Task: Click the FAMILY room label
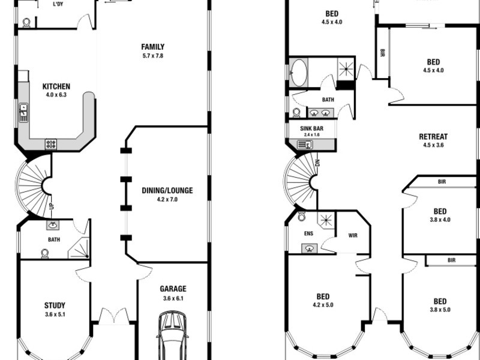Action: [x=152, y=47]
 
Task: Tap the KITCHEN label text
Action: [x=56, y=86]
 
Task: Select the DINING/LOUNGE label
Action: [x=167, y=191]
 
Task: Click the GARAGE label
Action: [x=173, y=289]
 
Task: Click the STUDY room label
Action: [x=55, y=305]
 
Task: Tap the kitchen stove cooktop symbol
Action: [x=51, y=143]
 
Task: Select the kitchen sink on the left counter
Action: [x=23, y=112]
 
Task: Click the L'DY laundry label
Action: [x=58, y=4]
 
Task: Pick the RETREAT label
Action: [x=433, y=136]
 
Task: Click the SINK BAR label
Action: [x=311, y=128]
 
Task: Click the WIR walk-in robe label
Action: [x=353, y=235]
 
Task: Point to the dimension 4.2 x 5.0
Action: [x=322, y=305]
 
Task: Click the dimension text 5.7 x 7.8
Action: [x=152, y=56]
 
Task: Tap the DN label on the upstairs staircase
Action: [x=317, y=163]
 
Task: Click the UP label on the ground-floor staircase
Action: [x=52, y=206]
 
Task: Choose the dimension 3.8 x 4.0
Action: [x=440, y=220]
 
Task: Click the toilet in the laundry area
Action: [x=26, y=22]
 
